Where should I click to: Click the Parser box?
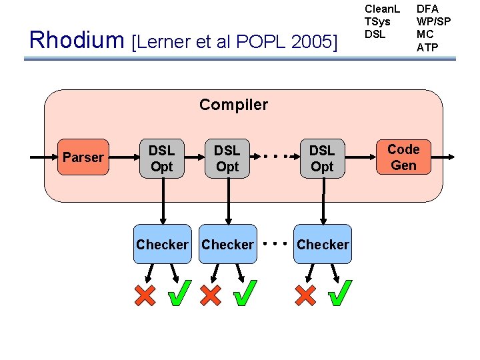pyautogui.click(x=83, y=157)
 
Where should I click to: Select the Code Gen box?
pyautogui.click(x=403, y=157)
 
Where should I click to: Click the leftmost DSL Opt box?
pyautogui.click(x=161, y=158)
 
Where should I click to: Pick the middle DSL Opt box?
pyautogui.click(x=227, y=158)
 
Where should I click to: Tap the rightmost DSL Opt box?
pyautogui.click(x=322, y=158)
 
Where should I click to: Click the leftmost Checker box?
pyautogui.click(x=161, y=245)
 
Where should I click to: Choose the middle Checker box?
pyautogui.click(x=227, y=245)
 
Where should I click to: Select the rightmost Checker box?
pyautogui.click(x=323, y=245)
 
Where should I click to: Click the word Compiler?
pyautogui.click(x=233, y=105)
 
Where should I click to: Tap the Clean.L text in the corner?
pyautogui.click(x=382, y=10)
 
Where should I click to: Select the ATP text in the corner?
pyautogui.click(x=427, y=47)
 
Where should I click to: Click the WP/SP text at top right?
pyautogui.click(x=433, y=22)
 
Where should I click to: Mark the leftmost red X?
pyautogui.click(x=145, y=295)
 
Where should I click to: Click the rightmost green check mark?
pyautogui.click(x=341, y=293)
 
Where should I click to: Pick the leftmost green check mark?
pyautogui.click(x=179, y=293)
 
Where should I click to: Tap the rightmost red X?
pyautogui.click(x=305, y=295)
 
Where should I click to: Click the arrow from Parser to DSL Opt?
pyautogui.click(x=121, y=157)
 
